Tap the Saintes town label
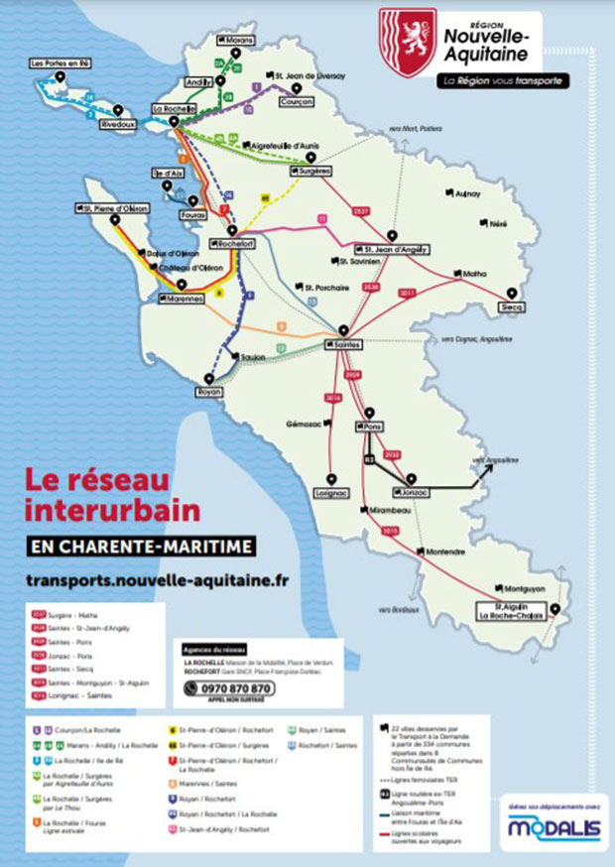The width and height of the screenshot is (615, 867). tap(343, 343)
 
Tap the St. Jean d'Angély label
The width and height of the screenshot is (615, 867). tap(391, 250)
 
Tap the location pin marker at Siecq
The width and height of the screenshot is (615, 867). tap(512, 295)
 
